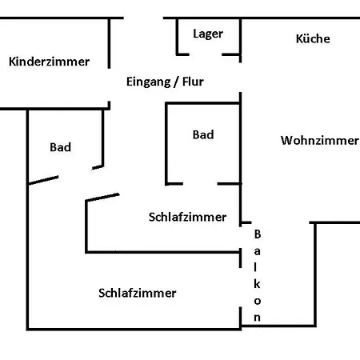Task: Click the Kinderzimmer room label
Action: click(49, 62)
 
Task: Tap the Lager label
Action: click(208, 34)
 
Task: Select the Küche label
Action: click(312, 38)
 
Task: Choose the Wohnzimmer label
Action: click(319, 141)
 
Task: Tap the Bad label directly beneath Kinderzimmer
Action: click(60, 147)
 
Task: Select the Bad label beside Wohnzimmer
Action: click(203, 135)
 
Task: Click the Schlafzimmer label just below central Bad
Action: click(187, 217)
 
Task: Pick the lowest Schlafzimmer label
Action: click(137, 293)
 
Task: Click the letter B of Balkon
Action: click(258, 234)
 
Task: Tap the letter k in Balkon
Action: click(258, 284)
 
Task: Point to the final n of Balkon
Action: click(258, 318)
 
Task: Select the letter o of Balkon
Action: click(258, 301)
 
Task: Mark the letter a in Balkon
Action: click(258, 251)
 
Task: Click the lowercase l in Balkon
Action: click(258, 267)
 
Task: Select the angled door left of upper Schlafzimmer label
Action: click(102, 197)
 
